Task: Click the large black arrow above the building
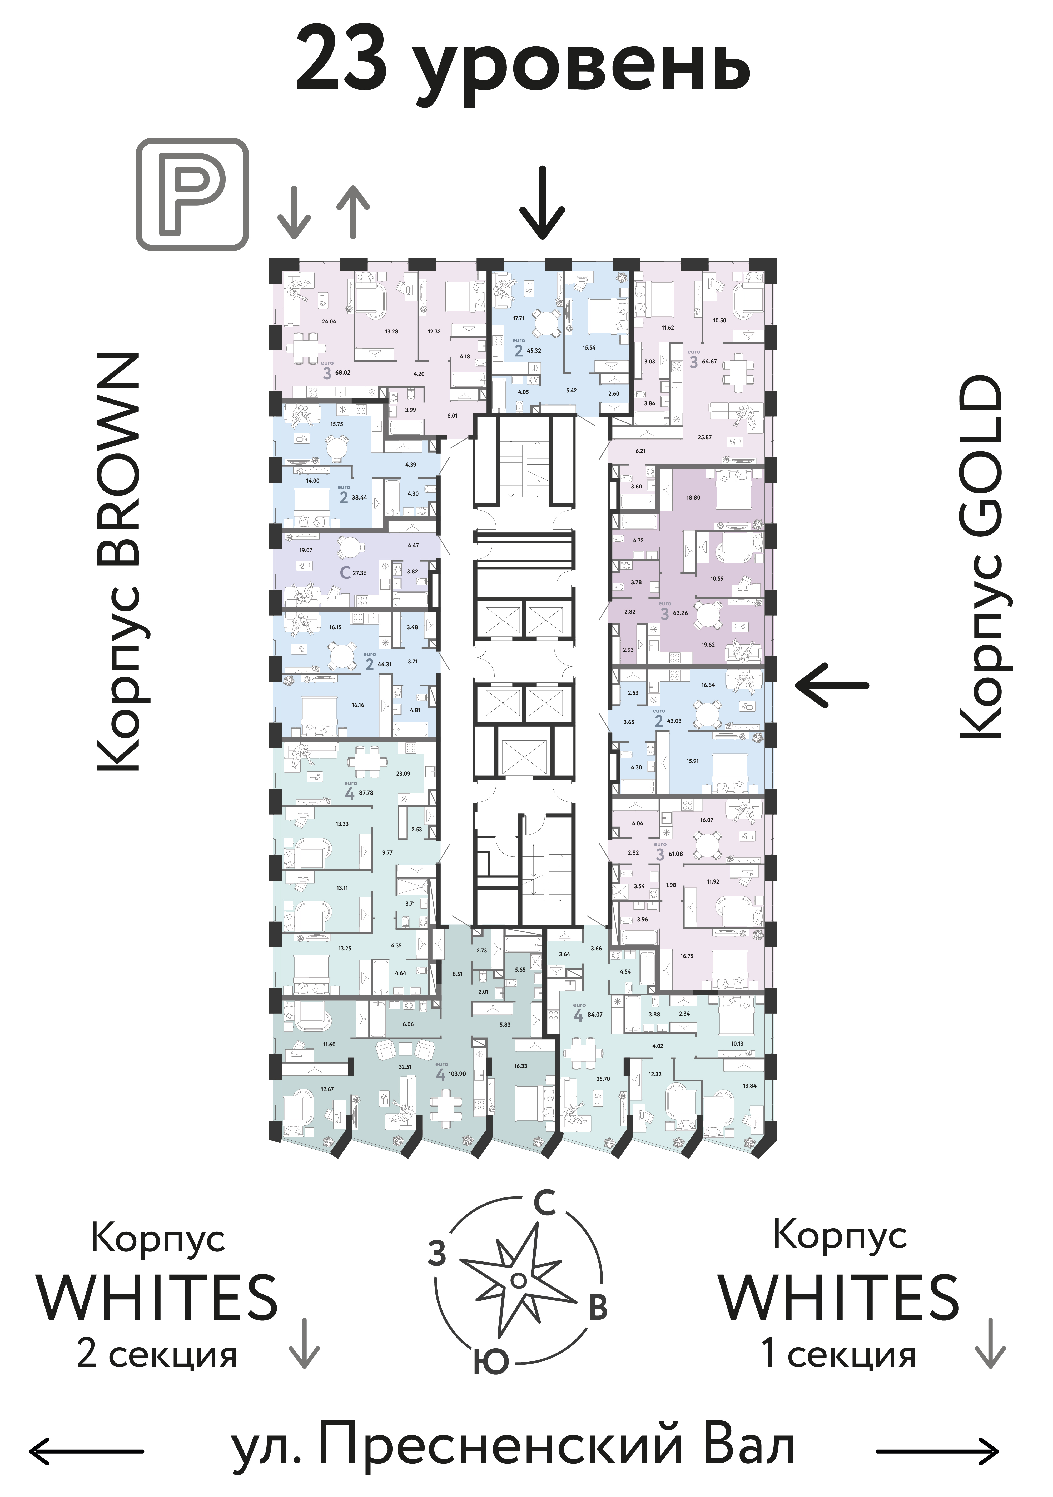542,203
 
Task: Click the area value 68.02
342,373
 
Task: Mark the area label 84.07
595,1015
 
